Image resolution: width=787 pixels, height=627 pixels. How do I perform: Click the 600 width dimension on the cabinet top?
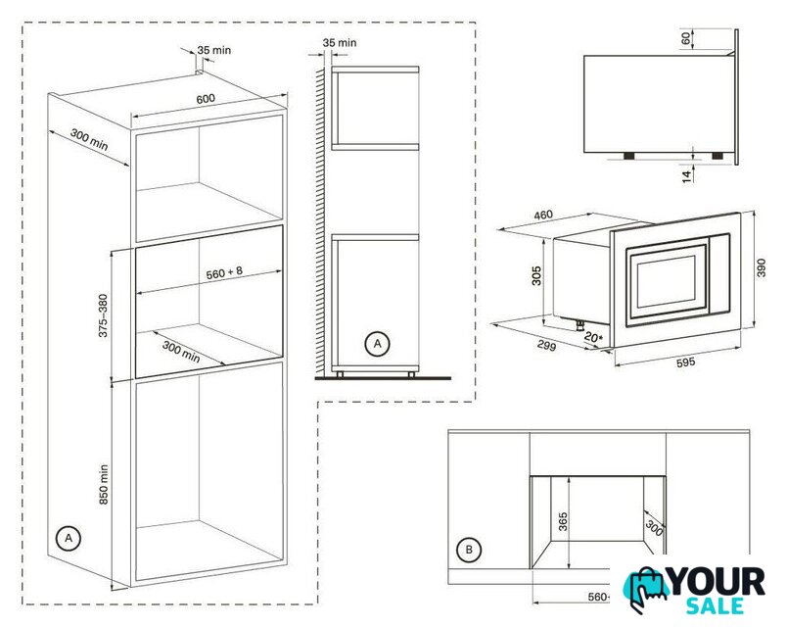[206, 99]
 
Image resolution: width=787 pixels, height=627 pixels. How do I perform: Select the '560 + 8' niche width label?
[224, 272]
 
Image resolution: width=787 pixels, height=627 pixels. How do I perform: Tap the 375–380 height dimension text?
[103, 315]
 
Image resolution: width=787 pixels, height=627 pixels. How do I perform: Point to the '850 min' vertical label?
[104, 484]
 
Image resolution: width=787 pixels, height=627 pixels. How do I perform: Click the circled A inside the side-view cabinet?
[377, 344]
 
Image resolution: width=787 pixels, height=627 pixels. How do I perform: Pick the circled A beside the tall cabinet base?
[69, 538]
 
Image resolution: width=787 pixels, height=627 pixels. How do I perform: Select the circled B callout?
[469, 550]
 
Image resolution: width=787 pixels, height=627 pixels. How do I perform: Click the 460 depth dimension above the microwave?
[543, 215]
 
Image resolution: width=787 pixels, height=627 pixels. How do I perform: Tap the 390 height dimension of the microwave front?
[762, 267]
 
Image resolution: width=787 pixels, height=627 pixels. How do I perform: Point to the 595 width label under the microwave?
[685, 362]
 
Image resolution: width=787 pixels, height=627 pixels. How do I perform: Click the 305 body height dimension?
[536, 276]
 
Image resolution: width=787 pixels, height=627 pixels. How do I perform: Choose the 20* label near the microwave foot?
[593, 338]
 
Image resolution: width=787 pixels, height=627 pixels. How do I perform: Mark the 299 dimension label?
[546, 345]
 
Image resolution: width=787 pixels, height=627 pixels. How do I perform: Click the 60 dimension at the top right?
[686, 38]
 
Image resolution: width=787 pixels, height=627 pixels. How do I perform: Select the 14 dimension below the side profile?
[687, 175]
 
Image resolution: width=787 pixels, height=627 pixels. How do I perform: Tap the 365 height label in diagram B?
[563, 521]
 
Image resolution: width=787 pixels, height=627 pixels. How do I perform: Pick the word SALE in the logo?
[715, 605]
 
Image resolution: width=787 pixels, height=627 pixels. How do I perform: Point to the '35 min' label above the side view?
[340, 43]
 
